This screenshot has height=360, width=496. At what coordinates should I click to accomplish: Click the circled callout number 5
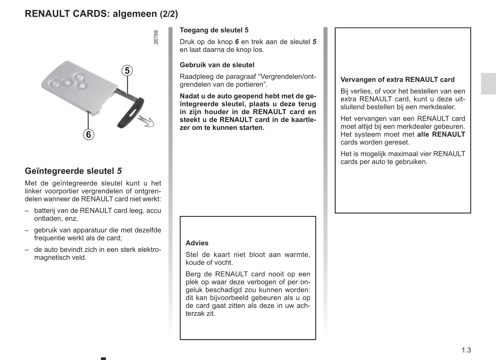pyautogui.click(x=127, y=71)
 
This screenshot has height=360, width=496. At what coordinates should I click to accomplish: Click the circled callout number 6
pyautogui.click(x=88, y=135)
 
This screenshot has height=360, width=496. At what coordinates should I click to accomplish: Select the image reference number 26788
pyautogui.click(x=156, y=37)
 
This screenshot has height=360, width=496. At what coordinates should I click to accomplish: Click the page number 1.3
pyautogui.click(x=466, y=350)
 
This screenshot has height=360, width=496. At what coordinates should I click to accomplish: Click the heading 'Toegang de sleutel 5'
pyautogui.click(x=214, y=30)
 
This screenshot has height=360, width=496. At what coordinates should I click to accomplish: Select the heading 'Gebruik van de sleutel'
pyautogui.click(x=217, y=65)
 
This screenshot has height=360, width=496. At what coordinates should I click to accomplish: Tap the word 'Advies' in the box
pyautogui.click(x=197, y=243)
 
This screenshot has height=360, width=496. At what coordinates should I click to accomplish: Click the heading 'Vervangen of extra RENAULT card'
pyautogui.click(x=397, y=80)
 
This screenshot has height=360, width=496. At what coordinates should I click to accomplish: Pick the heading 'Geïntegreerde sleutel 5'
pyautogui.click(x=73, y=171)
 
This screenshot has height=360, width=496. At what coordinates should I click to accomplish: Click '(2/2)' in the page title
pyautogui.click(x=168, y=14)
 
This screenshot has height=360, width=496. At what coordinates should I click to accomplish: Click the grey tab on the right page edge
pyautogui.click(x=488, y=84)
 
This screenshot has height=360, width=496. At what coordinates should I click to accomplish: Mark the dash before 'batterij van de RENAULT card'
pyautogui.click(x=27, y=211)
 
